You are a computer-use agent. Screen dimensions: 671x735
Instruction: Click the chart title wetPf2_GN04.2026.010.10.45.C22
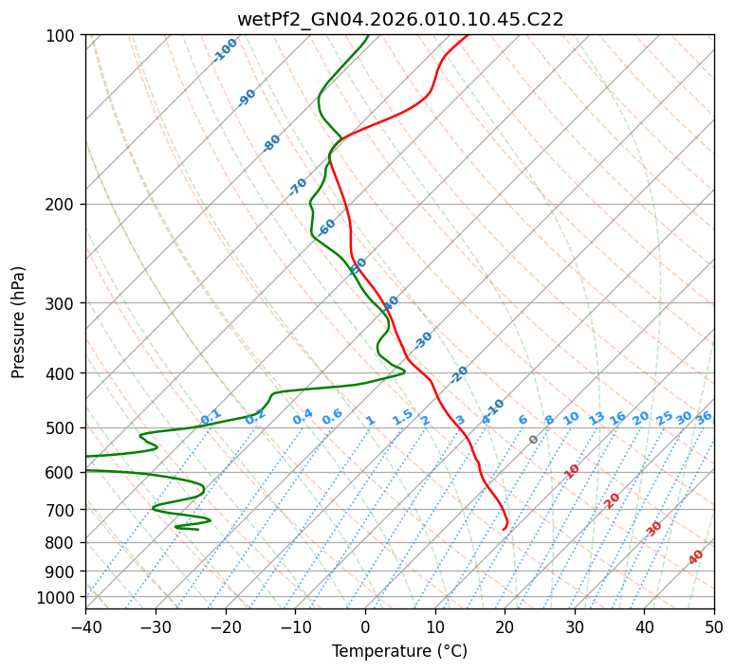tap(399, 20)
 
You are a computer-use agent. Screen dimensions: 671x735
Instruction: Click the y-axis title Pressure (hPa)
tap(19, 322)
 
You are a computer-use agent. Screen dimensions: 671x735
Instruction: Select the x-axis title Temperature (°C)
tap(399, 651)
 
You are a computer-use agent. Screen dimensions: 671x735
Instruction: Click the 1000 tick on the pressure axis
tap(59, 598)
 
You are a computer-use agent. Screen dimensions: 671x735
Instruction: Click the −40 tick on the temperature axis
tap(85, 626)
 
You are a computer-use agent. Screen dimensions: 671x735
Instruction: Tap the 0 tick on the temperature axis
tap(365, 626)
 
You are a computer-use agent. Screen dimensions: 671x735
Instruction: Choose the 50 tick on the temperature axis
tap(714, 626)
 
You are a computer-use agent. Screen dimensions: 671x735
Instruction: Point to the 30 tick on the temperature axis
tap(575, 626)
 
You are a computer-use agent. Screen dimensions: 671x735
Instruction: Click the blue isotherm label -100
tap(225, 50)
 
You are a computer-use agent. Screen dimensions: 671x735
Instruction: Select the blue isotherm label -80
tap(272, 143)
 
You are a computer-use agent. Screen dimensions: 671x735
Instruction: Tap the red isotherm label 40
tap(696, 557)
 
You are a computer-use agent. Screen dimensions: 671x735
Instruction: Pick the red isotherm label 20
tap(613, 500)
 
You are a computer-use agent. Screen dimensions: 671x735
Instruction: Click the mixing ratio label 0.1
tap(211, 417)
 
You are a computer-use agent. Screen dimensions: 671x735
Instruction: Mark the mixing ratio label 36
tap(704, 417)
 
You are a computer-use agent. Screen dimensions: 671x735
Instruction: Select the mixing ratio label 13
tap(597, 418)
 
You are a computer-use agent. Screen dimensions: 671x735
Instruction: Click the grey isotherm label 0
tap(534, 440)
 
